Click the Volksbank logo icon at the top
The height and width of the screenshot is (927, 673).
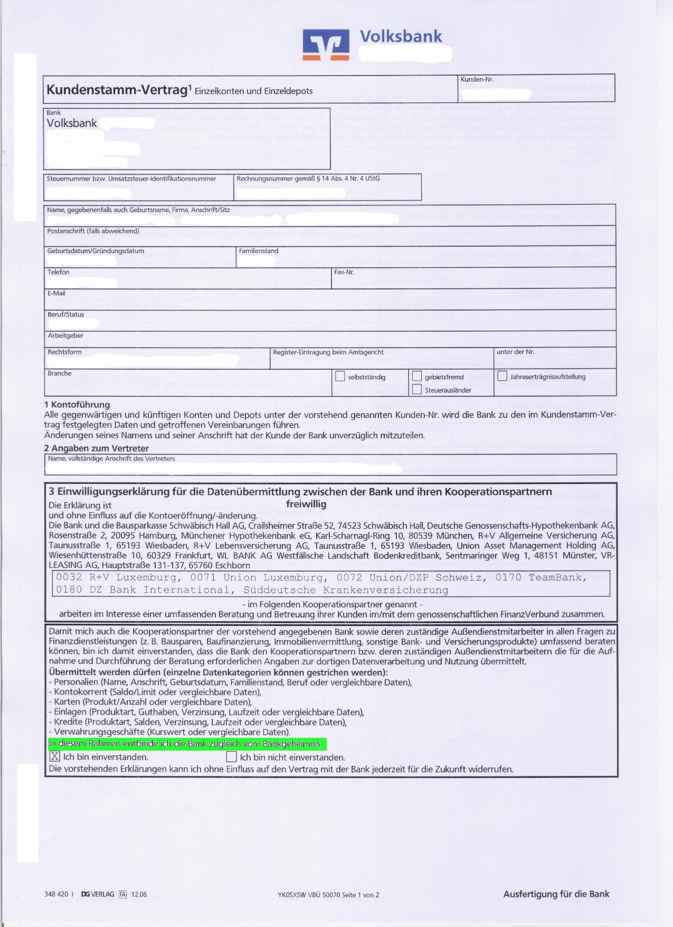click(x=326, y=44)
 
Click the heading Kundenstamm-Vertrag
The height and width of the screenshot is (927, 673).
click(x=117, y=90)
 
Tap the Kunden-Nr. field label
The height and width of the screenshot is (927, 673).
click(x=477, y=80)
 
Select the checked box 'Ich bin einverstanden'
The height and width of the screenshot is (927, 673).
click(x=55, y=756)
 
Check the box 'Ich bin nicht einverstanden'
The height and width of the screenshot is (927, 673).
click(x=231, y=757)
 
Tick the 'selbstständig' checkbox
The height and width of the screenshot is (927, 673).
click(x=340, y=377)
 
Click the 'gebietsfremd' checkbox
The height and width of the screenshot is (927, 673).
click(x=417, y=377)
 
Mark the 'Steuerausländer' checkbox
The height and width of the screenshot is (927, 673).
click(x=417, y=390)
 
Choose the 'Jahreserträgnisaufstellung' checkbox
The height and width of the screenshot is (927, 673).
click(x=503, y=376)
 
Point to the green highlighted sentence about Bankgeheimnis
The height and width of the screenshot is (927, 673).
click(x=187, y=744)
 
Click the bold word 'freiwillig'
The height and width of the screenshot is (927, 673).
click(x=306, y=504)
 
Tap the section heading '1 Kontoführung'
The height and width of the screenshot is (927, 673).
click(x=77, y=405)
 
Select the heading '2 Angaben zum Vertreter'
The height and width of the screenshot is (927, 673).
click(x=97, y=448)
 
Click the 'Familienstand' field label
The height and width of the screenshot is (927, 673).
click(x=259, y=251)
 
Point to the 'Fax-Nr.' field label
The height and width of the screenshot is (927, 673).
click(x=344, y=272)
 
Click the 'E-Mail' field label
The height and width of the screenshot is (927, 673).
click(x=56, y=293)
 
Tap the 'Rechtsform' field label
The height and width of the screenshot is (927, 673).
click(x=64, y=352)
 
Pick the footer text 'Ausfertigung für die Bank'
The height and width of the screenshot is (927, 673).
click(x=556, y=894)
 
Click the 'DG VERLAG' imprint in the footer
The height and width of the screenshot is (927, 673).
click(x=98, y=894)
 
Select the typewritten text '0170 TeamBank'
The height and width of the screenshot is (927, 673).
click(x=541, y=577)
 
